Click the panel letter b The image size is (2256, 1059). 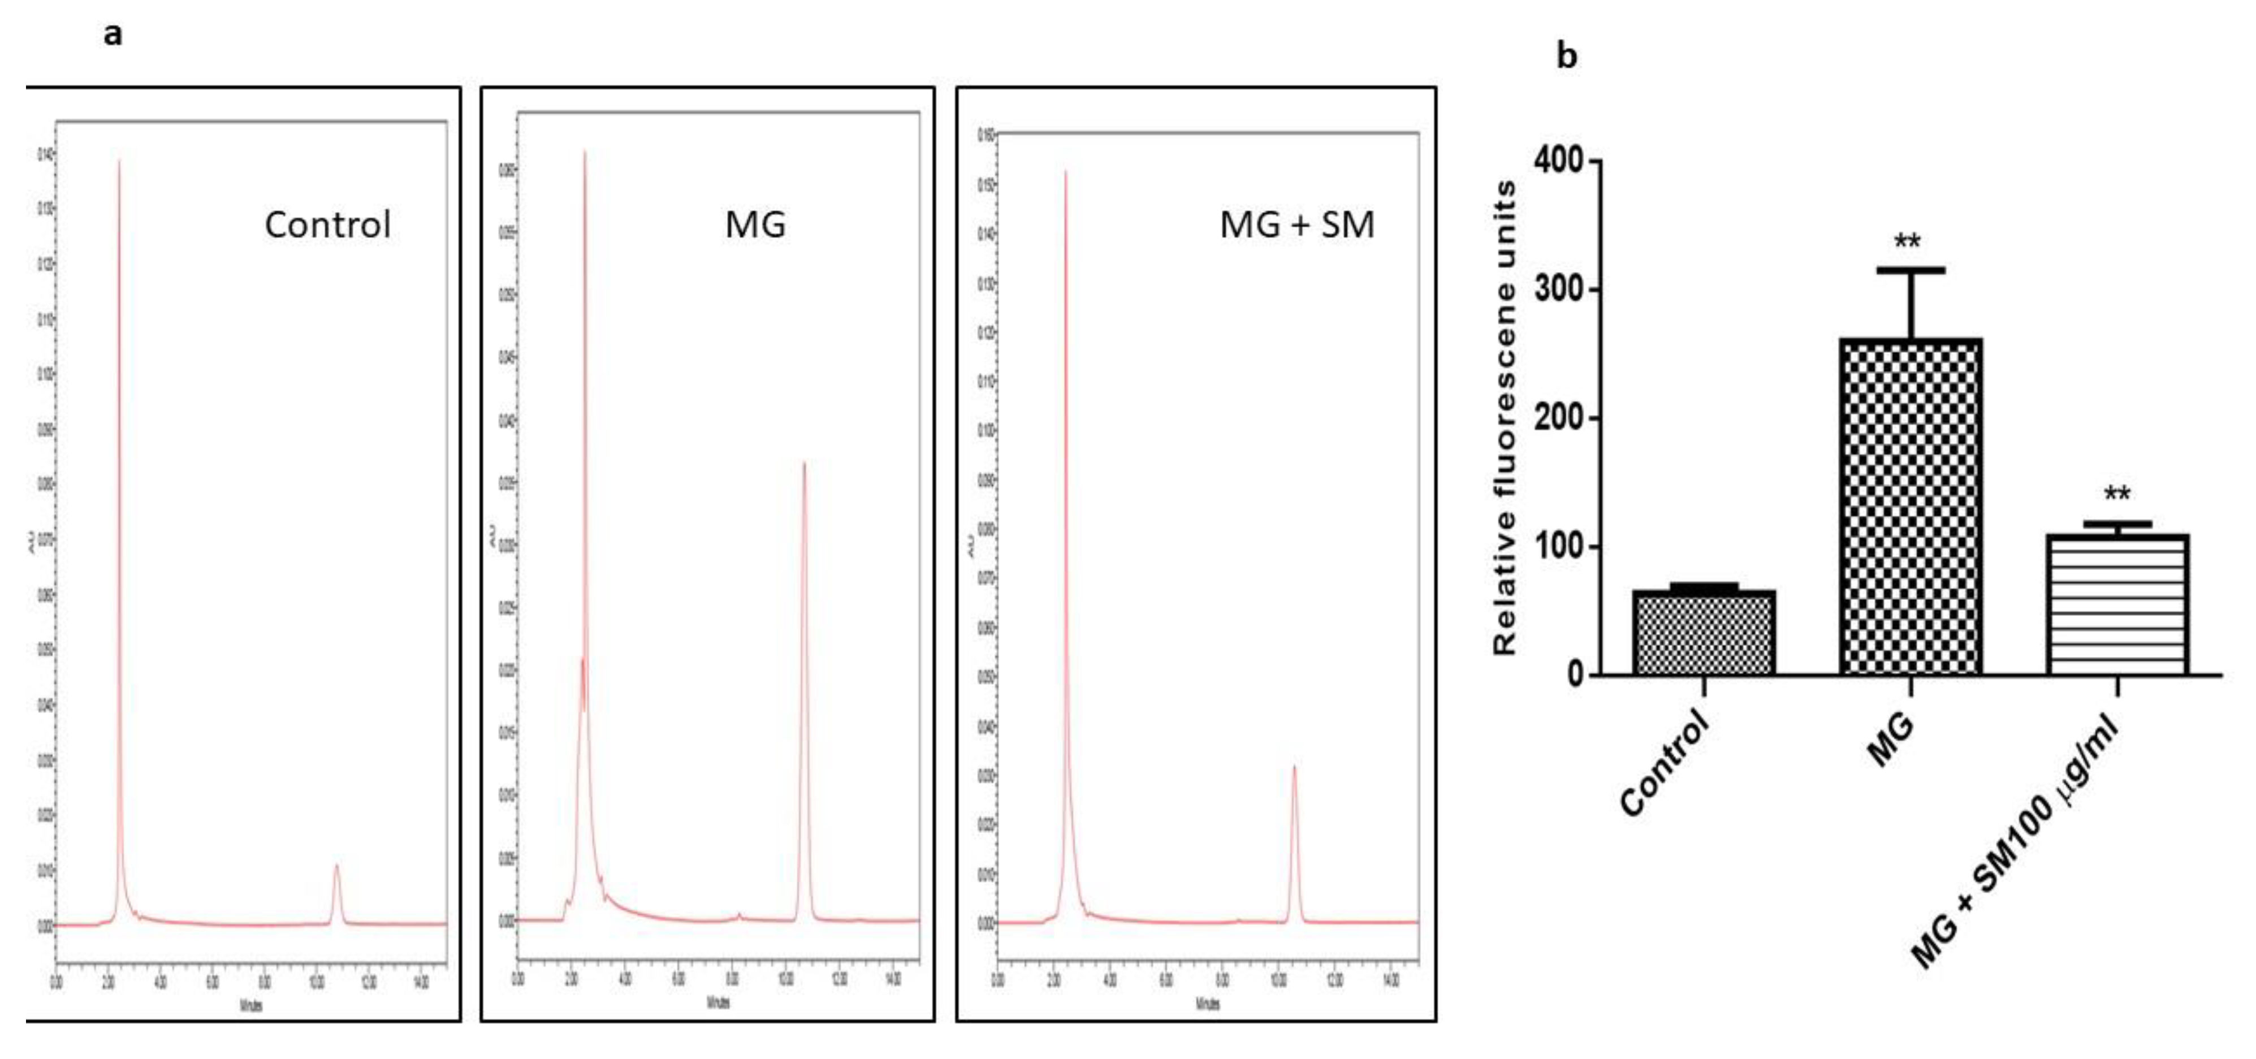pos(1567,56)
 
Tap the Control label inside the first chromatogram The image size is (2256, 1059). pos(327,225)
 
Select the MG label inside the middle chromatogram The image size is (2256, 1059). pos(755,225)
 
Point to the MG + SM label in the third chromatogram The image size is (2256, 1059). pos(1296,225)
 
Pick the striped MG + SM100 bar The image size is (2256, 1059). pos(2117,604)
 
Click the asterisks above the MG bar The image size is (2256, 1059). pos(1908,242)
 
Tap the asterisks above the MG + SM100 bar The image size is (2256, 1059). pos(2117,494)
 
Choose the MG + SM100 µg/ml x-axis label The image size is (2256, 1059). pos(2014,841)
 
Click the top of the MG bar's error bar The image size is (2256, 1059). pos(1910,270)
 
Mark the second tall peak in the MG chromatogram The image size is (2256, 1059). pos(804,464)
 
